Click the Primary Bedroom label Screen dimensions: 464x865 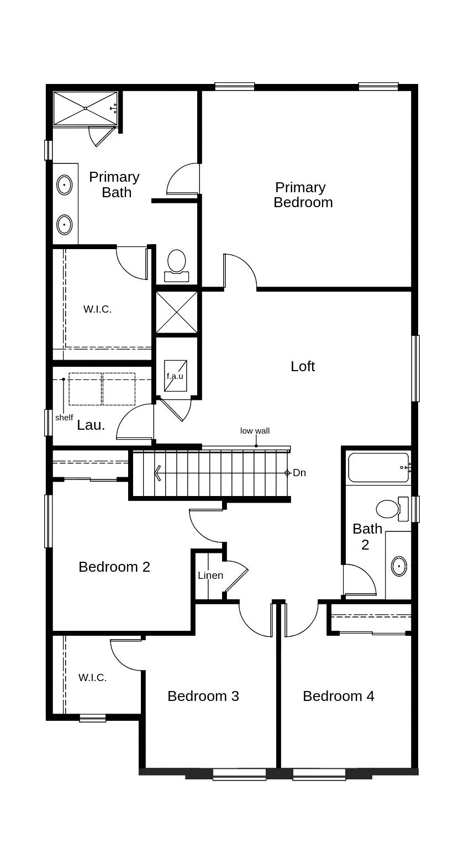point(303,194)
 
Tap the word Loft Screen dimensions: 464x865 point(303,366)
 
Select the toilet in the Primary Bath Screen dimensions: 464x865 point(177,265)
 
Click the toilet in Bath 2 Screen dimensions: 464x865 point(392,509)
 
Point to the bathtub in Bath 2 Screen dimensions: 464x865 point(378,467)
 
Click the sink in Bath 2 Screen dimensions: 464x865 point(399,567)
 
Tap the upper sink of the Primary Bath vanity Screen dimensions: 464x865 point(65,185)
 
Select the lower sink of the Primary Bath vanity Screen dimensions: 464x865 point(65,224)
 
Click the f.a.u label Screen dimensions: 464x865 point(175,376)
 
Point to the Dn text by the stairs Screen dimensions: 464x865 point(299,473)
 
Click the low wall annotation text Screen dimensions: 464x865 point(255,431)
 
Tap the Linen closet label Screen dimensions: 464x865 point(210,576)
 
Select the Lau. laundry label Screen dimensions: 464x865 point(91,425)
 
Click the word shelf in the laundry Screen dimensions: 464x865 point(64,418)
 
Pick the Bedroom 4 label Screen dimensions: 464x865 point(339,696)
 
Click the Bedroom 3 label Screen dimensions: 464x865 point(203,696)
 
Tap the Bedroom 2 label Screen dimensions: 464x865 point(114,567)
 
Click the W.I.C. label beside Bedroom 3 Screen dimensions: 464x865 point(93,677)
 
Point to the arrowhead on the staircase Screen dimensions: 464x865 point(157,473)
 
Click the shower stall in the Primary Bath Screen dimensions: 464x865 point(85,108)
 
